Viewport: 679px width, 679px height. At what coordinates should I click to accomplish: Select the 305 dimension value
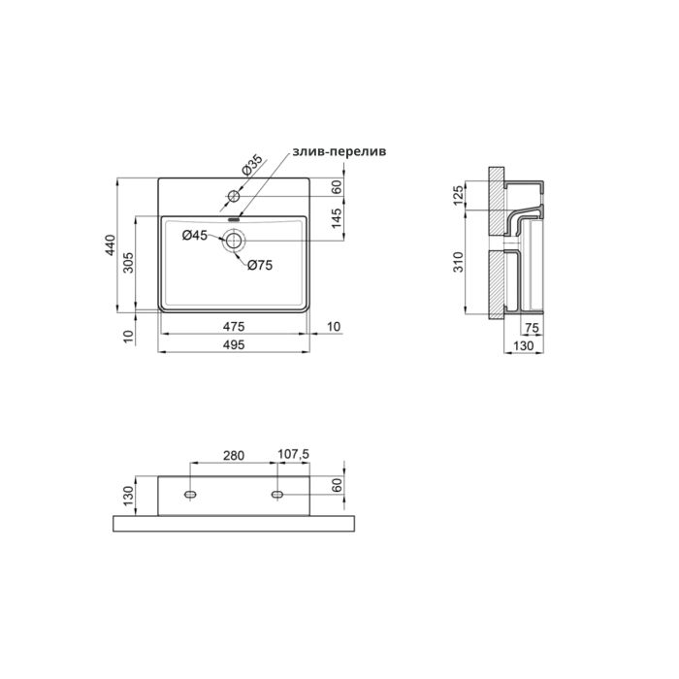(129, 263)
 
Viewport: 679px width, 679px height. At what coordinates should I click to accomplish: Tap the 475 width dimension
(233, 325)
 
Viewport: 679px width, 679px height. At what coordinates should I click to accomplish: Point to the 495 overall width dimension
(233, 344)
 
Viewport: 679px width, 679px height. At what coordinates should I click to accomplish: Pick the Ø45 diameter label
(196, 235)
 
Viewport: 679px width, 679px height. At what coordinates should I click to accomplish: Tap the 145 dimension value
(337, 222)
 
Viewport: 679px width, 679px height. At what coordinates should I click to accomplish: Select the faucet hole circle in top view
(233, 197)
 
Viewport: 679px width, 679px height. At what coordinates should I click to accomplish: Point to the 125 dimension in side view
(460, 199)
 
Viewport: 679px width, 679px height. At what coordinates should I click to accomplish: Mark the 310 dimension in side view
(460, 263)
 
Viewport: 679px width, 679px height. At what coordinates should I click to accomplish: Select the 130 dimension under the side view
(522, 345)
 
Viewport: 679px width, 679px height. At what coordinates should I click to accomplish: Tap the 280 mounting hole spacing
(233, 454)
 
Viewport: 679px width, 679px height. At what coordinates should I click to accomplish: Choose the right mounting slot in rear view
(278, 496)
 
